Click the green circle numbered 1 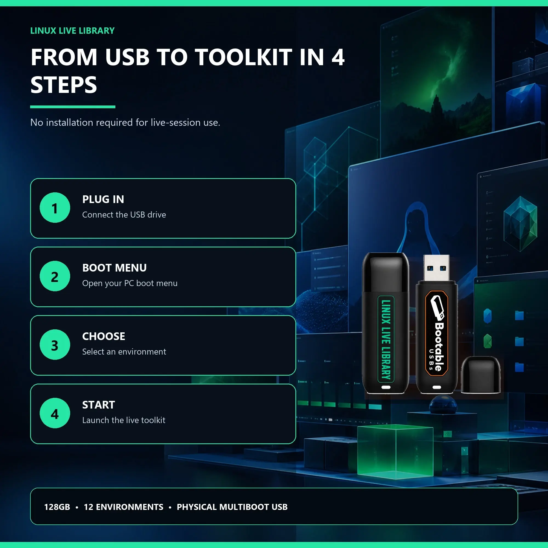click(55, 208)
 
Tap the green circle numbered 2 click(55, 276)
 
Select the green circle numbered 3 click(55, 345)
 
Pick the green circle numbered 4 click(55, 413)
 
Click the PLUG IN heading click(103, 199)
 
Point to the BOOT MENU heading click(115, 268)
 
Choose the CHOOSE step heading click(104, 336)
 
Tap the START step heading click(99, 405)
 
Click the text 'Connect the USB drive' click(124, 215)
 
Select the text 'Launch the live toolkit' click(124, 420)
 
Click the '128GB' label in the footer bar click(57, 507)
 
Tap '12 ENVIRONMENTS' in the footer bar click(123, 507)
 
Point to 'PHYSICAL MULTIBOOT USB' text click(232, 507)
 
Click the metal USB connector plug click(436, 268)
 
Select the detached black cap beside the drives click(481, 375)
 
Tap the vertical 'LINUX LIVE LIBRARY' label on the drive click(386, 339)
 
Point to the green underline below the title click(73, 107)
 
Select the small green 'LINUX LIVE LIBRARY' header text click(72, 31)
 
